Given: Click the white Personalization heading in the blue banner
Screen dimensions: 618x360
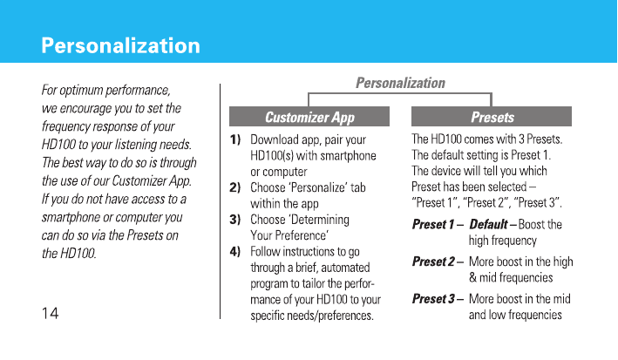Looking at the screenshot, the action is pos(120,46).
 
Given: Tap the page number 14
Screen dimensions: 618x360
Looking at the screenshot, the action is pos(50,314).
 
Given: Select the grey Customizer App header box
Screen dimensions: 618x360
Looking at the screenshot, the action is pos(309,116).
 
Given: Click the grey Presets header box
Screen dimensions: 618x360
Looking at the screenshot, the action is pos(492,116).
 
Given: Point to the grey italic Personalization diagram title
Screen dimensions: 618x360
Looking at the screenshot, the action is pos(400,83).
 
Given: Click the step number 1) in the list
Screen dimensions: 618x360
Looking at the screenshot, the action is pos(235,139).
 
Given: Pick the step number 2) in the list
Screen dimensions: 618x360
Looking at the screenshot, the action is pos(234,187).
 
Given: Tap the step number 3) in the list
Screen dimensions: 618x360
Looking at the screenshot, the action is pos(234,220).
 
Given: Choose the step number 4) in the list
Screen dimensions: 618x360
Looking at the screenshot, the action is pos(234,251).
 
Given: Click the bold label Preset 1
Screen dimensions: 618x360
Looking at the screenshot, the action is pos(433,224).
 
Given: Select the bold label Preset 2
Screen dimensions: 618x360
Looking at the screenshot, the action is pos(433,262).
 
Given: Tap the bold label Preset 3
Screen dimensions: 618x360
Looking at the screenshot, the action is pos(433,298).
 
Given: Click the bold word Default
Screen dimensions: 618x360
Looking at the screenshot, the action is pos(488,224).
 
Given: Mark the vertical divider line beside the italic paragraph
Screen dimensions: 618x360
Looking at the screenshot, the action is pos(220,201).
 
